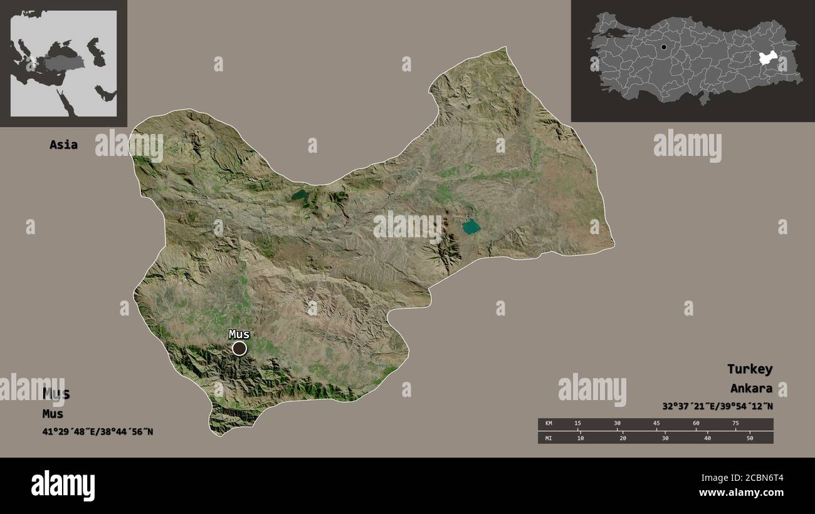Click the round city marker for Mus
[x=239, y=348]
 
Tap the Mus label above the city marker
[x=239, y=334]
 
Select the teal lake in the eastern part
[x=471, y=227]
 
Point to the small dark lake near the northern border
[x=299, y=195]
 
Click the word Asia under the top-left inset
[x=63, y=145]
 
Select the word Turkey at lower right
[x=749, y=369]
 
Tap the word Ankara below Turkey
[x=750, y=388]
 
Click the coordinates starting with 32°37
[x=717, y=406]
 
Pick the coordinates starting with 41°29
[x=98, y=431]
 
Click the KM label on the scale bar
[x=549, y=424]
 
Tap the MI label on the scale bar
[x=549, y=438]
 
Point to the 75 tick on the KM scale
[x=735, y=424]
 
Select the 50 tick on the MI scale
[x=749, y=438]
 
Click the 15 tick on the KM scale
[x=578, y=424]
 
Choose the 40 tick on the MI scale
[x=707, y=438]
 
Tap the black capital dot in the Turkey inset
[x=663, y=47]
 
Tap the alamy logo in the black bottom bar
[x=63, y=485]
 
